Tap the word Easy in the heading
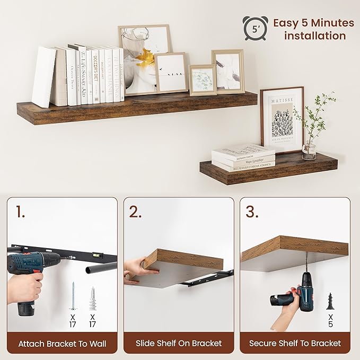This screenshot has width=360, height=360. pyautogui.click(x=286, y=23)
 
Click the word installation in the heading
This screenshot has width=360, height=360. pyautogui.click(x=315, y=36)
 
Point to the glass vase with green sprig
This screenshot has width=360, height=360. pyautogui.click(x=309, y=150)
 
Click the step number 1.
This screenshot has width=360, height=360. pyautogui.click(x=20, y=212)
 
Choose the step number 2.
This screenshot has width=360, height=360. pyautogui.click(x=136, y=212)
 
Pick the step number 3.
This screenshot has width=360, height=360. pyautogui.click(x=252, y=212)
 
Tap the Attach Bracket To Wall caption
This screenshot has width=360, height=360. pyautogui.click(x=62, y=344)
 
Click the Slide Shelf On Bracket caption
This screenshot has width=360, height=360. pyautogui.click(x=179, y=344)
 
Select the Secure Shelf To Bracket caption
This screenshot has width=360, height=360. pyautogui.click(x=295, y=344)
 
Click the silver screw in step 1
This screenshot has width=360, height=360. pyautogui.click(x=73, y=296)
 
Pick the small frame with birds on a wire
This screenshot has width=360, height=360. pyautogui.click(x=171, y=72)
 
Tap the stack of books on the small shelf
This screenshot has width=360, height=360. pyautogui.click(x=243, y=157)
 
